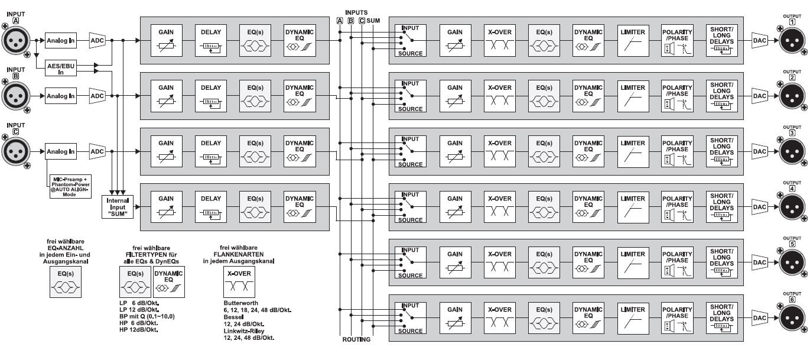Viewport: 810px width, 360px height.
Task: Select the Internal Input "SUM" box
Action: coord(117,207)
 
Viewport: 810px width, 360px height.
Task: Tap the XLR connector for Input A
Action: coord(17,40)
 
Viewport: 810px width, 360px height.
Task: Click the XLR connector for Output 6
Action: coord(792,318)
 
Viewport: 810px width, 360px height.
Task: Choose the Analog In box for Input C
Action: coord(61,151)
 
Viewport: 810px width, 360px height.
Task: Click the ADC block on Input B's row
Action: coord(97,96)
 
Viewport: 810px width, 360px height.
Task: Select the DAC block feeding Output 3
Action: coord(760,151)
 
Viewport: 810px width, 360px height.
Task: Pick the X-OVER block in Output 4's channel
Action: coord(500,207)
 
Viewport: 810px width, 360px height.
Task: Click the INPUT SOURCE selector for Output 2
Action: coord(410,96)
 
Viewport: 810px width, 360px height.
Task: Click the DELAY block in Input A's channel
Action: coord(210,40)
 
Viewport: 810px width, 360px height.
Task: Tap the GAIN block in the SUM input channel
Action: coord(166,207)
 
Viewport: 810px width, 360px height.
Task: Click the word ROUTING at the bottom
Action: coord(356,339)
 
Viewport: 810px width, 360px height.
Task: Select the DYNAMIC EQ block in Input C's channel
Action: coord(299,151)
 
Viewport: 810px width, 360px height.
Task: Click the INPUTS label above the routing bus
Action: coord(356,12)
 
